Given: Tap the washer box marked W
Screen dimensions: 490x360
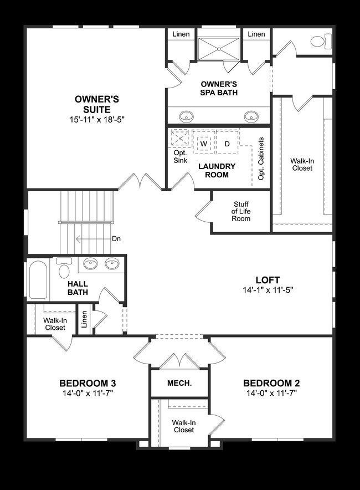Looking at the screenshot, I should click(203, 144).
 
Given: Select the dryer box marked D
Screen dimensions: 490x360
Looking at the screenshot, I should click(227, 144).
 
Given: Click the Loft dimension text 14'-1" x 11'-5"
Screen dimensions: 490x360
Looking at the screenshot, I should click(268, 290).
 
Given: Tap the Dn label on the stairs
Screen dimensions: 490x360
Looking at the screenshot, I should click(116, 239).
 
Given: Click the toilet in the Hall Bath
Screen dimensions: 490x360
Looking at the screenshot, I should click(64, 270).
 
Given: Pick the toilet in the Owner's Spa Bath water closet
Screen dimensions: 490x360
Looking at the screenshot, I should click(318, 41).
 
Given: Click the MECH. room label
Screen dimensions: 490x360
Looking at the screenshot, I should click(179, 384).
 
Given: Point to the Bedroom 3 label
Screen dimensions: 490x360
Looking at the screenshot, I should click(88, 383).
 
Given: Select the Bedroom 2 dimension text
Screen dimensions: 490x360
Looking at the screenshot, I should click(271, 393).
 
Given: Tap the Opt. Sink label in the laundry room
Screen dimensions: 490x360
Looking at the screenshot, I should click(181, 156).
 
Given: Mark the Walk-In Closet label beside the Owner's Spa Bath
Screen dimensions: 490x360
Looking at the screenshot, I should click(302, 164).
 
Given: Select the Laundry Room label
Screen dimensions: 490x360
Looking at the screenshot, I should click(217, 171).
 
